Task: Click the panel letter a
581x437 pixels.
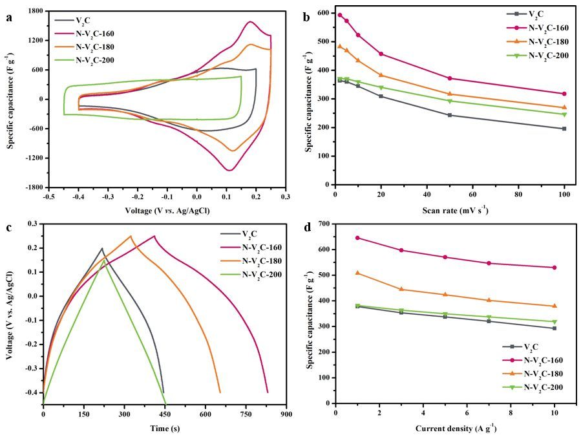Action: (x=9, y=18)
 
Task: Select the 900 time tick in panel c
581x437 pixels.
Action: (x=285, y=412)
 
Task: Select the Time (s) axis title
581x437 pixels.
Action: (x=164, y=428)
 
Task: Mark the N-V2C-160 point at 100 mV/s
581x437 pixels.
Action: (x=564, y=94)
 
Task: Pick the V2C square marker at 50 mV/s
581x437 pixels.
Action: (x=450, y=115)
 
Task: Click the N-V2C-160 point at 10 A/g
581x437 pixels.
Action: (x=555, y=268)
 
